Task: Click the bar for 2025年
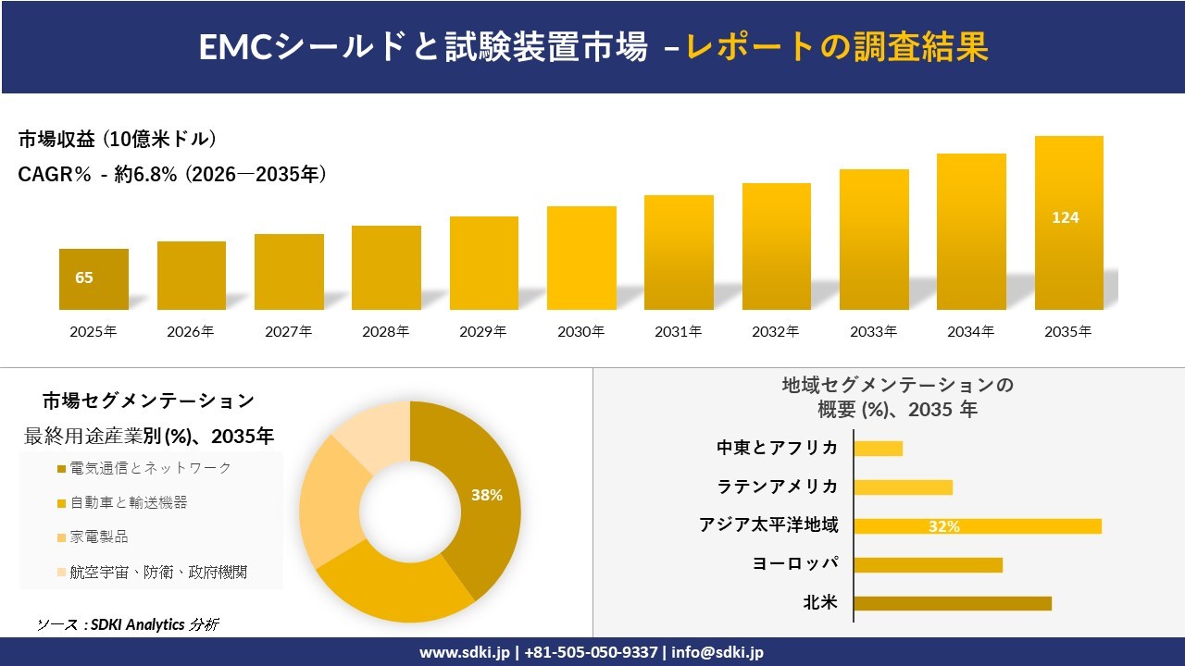[94, 279]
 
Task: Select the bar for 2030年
[581, 258]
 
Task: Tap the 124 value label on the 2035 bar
[1066, 218]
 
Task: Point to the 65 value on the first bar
[84, 277]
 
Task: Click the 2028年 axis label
[386, 331]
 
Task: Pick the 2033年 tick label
[874, 331]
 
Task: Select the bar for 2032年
[777, 246]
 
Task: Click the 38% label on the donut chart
[487, 495]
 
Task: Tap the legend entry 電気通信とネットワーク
[150, 468]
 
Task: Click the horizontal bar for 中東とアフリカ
[878, 449]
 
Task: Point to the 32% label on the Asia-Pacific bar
[944, 526]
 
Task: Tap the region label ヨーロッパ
[795, 564]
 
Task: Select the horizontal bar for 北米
[953, 603]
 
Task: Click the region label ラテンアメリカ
[778, 487]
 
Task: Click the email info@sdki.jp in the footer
[717, 652]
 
